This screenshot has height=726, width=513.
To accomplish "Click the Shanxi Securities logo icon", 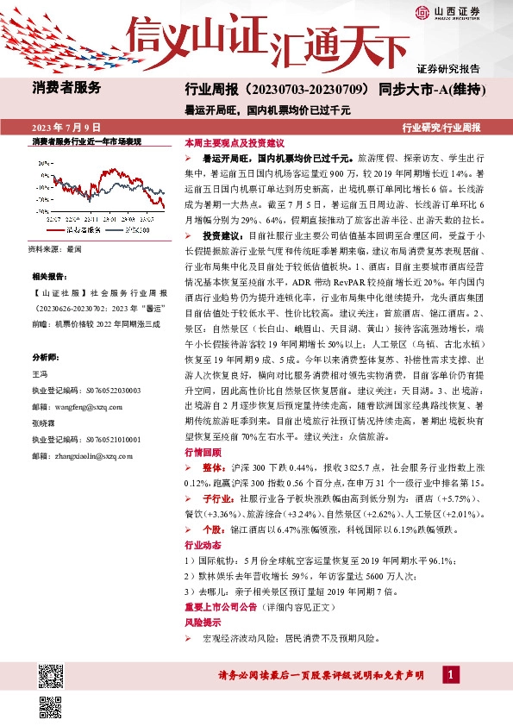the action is (x=421, y=12).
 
